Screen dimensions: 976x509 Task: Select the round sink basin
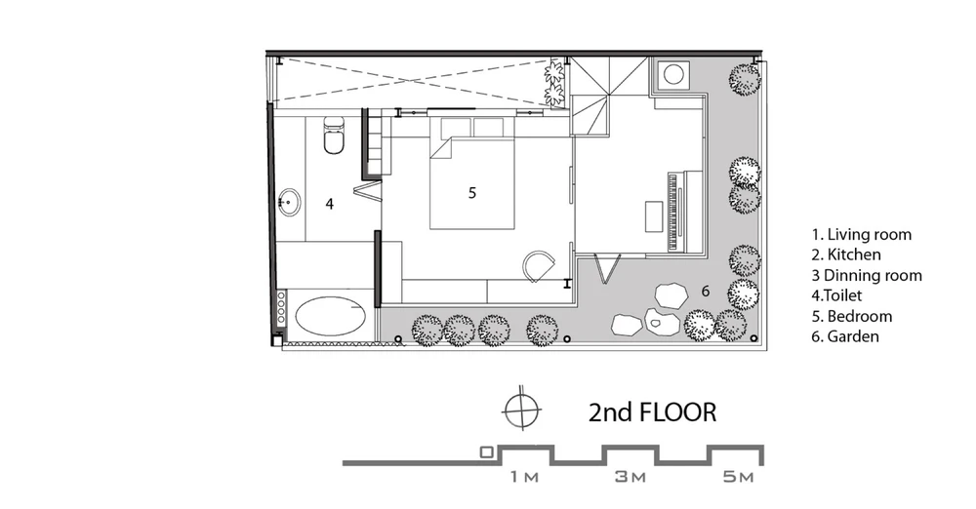290,202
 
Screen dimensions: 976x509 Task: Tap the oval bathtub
330,317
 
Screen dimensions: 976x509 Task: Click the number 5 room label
472,193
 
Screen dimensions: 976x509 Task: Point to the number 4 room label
329,204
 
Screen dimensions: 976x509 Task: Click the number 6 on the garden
706,291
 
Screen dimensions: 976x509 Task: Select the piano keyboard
672,213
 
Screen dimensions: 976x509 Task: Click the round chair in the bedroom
538,266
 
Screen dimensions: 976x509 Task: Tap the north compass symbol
522,411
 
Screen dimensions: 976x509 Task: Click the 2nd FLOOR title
652,412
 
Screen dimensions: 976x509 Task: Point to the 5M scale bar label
739,477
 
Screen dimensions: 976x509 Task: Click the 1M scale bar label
524,477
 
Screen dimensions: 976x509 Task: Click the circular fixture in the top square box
673,74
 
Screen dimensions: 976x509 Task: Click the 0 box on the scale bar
487,452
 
